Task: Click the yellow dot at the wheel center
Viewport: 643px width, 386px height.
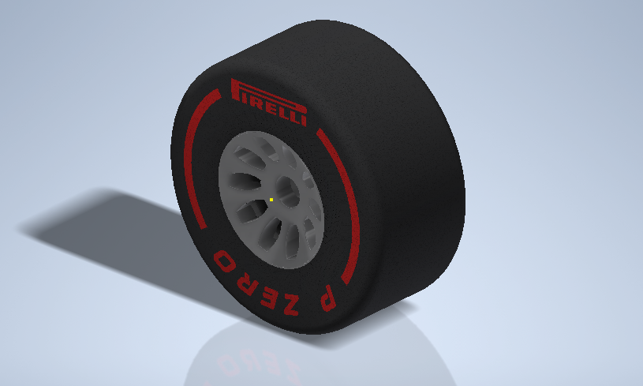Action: click(x=271, y=200)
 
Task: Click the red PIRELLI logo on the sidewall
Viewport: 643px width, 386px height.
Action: click(x=267, y=103)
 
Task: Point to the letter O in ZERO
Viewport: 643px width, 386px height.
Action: click(x=222, y=260)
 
